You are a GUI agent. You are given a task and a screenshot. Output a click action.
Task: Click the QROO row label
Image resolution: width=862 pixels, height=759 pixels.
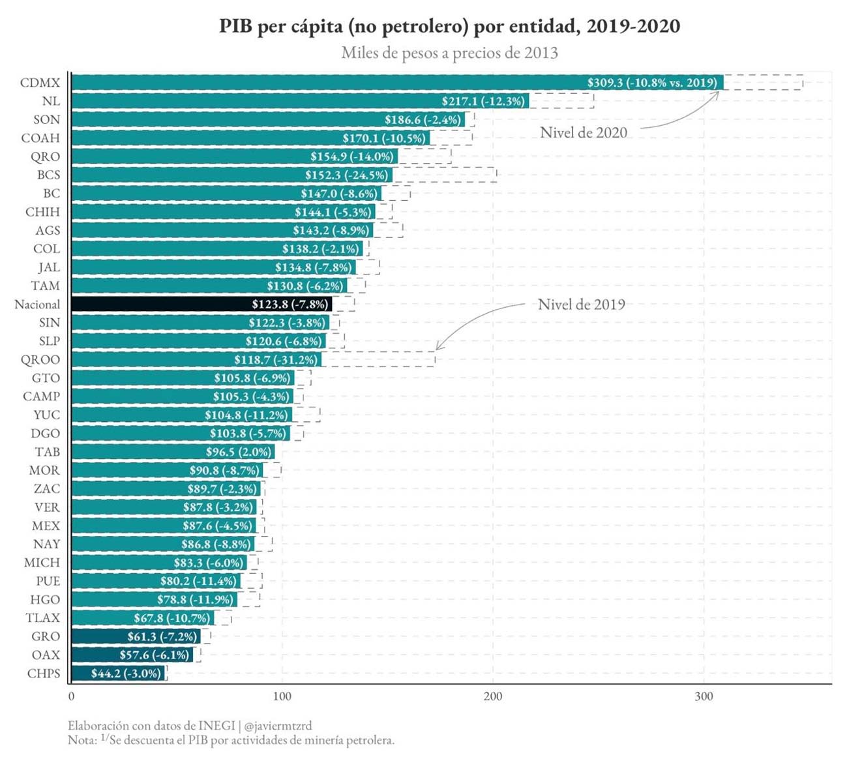pyautogui.click(x=40, y=359)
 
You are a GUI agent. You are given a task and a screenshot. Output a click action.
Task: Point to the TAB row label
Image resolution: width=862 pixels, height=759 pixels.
pyautogui.click(x=48, y=452)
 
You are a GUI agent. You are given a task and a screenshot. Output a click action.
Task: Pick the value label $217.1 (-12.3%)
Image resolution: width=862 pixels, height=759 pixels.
pyautogui.click(x=483, y=101)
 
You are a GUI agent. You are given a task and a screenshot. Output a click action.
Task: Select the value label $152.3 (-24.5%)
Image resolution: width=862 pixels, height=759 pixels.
pyautogui.click(x=346, y=175)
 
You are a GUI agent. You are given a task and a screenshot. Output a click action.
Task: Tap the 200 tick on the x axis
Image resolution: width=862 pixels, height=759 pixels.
pyautogui.click(x=493, y=696)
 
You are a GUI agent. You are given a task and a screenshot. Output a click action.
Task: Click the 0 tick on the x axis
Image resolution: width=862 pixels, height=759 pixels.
pyautogui.click(x=71, y=696)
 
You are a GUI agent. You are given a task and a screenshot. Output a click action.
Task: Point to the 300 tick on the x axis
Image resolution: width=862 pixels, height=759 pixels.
pyautogui.click(x=704, y=696)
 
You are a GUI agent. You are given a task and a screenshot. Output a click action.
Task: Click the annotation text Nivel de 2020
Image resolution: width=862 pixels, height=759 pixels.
pyautogui.click(x=583, y=133)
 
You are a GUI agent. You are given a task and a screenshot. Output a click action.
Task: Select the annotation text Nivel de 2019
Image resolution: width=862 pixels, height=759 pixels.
pyautogui.click(x=581, y=305)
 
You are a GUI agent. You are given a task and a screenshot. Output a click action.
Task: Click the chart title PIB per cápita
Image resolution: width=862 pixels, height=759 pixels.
pyautogui.click(x=449, y=26)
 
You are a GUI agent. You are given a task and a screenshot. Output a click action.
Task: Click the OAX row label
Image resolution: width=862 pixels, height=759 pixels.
pyautogui.click(x=46, y=655)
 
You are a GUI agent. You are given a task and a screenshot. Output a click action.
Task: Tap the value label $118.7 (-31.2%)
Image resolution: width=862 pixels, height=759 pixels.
pyautogui.click(x=276, y=359)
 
